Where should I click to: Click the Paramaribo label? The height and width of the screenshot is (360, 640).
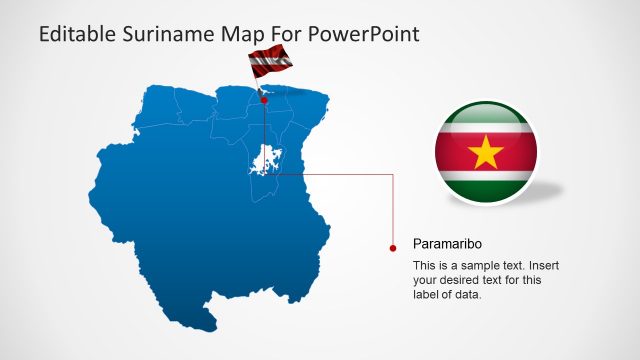[x=448, y=243]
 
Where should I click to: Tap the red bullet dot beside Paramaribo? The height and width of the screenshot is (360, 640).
[x=392, y=244]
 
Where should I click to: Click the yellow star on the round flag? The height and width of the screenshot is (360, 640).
[x=487, y=153]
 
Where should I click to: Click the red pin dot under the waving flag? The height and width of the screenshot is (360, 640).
[x=264, y=100]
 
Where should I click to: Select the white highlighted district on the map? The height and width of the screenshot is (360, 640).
[x=265, y=161]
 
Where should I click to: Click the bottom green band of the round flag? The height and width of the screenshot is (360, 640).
[x=487, y=189]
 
